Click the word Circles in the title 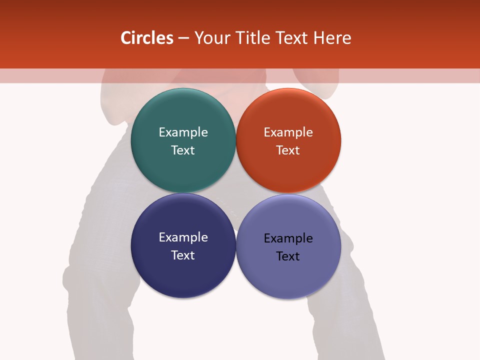(147, 38)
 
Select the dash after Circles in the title (183, 38)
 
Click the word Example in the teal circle (183, 132)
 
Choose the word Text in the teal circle (183, 150)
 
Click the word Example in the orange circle (288, 132)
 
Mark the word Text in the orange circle (288, 150)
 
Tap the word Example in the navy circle (183, 237)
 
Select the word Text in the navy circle (183, 255)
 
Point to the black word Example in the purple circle (288, 238)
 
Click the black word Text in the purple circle (288, 256)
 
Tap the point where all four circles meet (235, 193)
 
